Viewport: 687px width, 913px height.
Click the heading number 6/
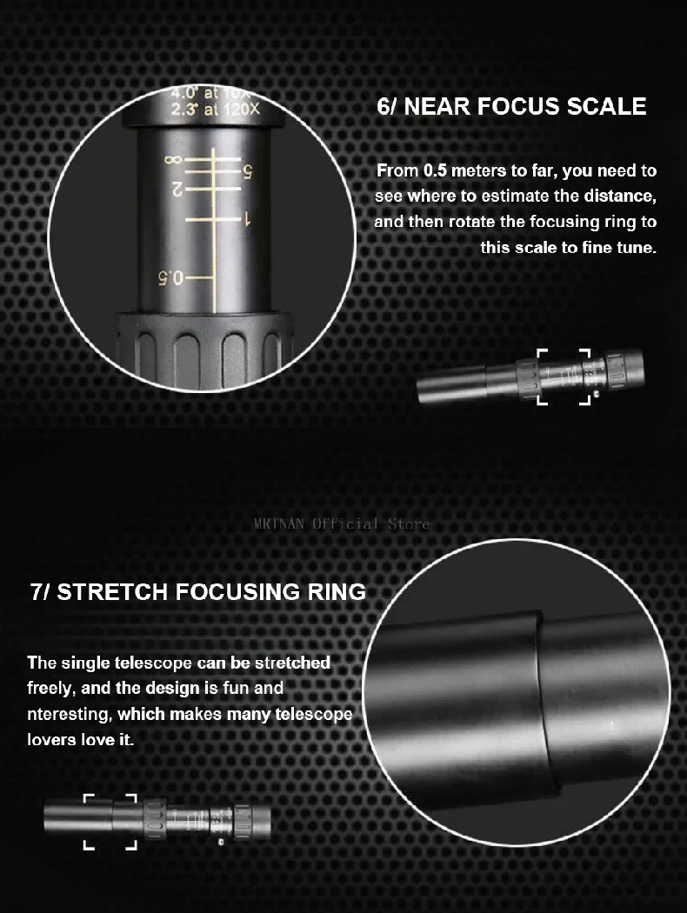pos(388,107)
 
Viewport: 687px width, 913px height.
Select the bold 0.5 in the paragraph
pos(435,170)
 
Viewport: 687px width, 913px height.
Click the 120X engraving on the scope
pos(240,109)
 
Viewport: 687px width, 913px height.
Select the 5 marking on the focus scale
pos(248,171)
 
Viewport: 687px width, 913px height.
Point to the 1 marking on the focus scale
pos(248,219)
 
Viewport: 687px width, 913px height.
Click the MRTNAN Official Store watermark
pos(342,523)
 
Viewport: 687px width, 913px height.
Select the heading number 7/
pos(41,591)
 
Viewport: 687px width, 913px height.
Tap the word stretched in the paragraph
pos(293,663)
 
